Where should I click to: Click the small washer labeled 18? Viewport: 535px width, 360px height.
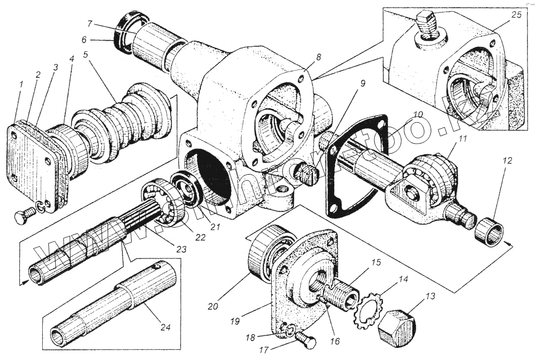287,331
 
